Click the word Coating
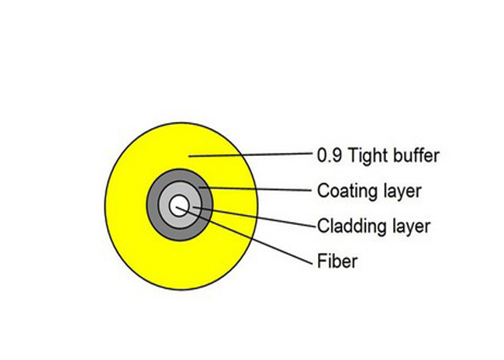(347, 192)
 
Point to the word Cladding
(352, 227)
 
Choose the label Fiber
(337, 261)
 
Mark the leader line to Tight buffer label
(250, 154)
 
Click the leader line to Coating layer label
(255, 189)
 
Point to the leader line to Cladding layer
(254, 216)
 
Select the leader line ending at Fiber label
(244, 236)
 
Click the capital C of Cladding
(323, 226)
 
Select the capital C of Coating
(323, 191)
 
